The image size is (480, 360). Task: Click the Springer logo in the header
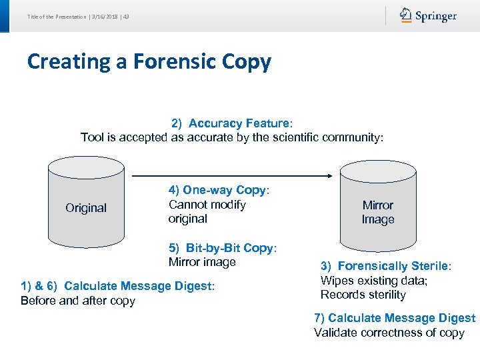click(429, 16)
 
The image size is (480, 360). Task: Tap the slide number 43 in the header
click(126, 16)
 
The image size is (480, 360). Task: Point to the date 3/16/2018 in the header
click(105, 16)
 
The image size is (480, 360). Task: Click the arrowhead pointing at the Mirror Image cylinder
click(329, 176)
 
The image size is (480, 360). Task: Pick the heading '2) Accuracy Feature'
click(231, 123)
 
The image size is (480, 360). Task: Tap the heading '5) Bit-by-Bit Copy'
click(221, 248)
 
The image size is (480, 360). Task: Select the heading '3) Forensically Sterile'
click(385, 266)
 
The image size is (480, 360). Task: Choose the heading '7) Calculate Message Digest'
click(395, 318)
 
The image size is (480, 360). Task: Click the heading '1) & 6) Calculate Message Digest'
click(117, 286)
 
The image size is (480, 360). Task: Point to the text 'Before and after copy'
click(78, 301)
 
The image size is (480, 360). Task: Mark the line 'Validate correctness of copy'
click(389, 333)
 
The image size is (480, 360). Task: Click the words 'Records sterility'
click(363, 295)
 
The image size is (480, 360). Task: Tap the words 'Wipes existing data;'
click(374, 281)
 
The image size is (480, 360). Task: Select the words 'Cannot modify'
click(207, 205)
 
